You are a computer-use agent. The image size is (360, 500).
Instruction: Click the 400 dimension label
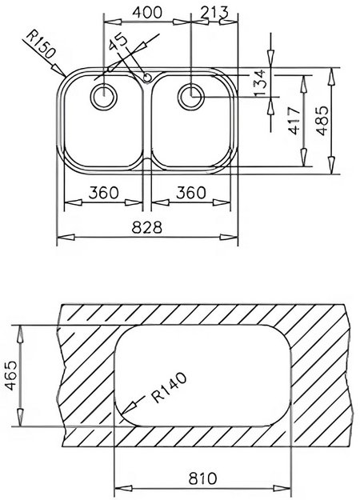pos(145,12)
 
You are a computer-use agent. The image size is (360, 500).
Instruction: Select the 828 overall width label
pos(149,226)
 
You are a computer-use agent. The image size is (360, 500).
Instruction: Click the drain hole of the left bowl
pos(102,98)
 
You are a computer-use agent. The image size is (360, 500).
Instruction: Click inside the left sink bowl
pos(100,136)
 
